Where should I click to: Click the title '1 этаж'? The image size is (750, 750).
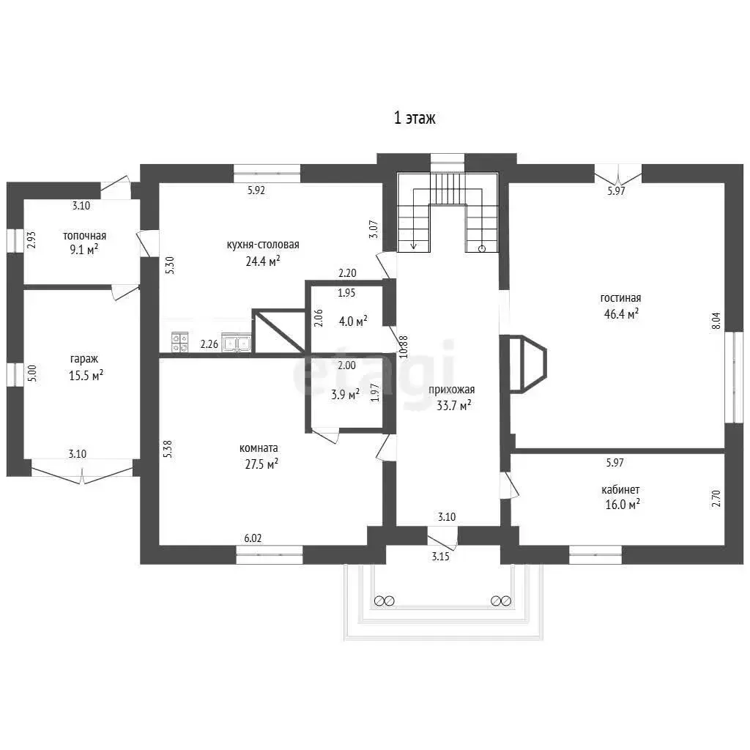point(415,118)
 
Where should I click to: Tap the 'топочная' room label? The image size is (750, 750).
point(84,236)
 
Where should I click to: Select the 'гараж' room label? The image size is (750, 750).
point(84,359)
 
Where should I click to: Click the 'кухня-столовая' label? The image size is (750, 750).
point(263,245)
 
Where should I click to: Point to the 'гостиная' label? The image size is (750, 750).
point(620,298)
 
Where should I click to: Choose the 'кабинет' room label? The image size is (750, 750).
point(620,490)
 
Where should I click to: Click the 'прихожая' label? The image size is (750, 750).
point(451,390)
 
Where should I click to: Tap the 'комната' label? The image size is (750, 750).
point(259,448)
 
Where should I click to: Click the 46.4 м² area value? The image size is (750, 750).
point(621,314)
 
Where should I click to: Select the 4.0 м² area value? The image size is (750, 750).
point(353,321)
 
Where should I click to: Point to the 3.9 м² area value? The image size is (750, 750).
point(346,395)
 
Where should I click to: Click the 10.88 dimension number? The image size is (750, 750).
point(404,346)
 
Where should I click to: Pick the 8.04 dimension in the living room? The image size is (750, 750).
point(716,321)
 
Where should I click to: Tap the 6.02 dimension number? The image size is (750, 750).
point(253,538)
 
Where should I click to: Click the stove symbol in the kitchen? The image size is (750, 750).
point(179,343)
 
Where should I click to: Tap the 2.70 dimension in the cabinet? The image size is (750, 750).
point(716,498)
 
